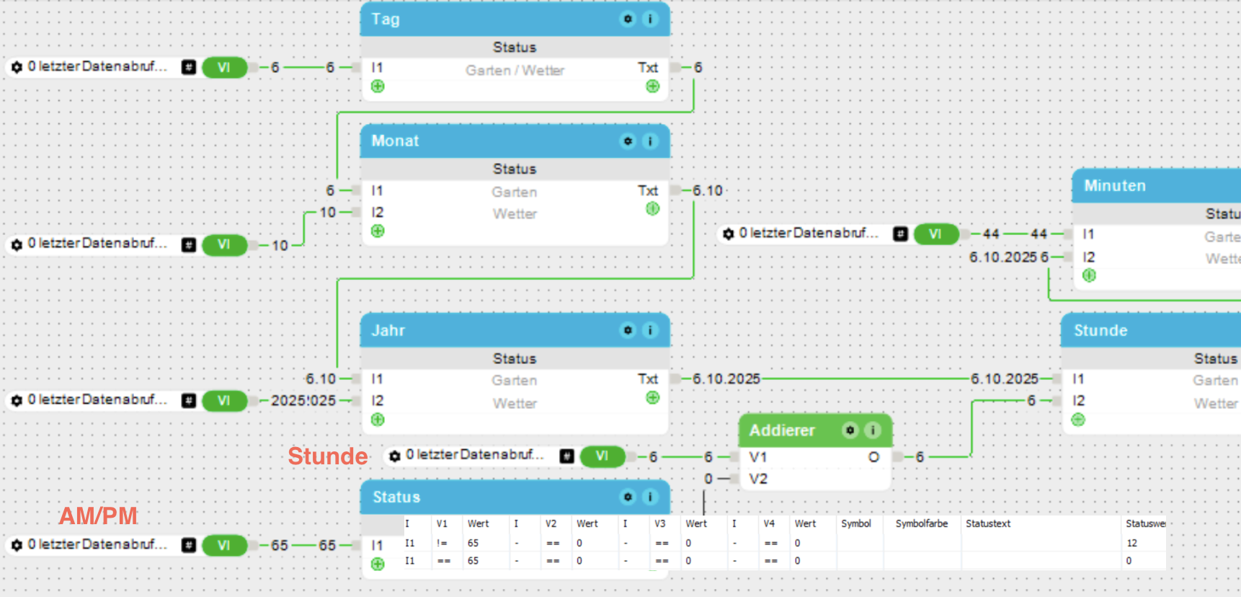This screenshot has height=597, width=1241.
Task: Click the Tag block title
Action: click(x=386, y=19)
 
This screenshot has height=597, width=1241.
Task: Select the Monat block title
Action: click(x=395, y=141)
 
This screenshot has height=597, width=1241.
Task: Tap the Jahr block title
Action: click(x=388, y=331)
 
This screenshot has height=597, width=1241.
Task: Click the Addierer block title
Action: click(x=782, y=430)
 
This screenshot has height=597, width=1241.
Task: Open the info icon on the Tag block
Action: click(x=650, y=19)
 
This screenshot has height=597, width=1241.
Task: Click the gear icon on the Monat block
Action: click(x=628, y=141)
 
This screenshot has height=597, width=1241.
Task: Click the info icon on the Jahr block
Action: click(x=650, y=331)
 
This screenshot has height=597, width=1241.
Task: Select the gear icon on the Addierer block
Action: click(x=850, y=430)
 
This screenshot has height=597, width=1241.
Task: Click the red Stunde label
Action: click(x=328, y=456)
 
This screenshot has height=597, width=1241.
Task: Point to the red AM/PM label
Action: click(x=98, y=516)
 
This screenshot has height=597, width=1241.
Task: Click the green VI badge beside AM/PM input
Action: click(x=224, y=546)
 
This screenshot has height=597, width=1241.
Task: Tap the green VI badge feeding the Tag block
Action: click(x=224, y=68)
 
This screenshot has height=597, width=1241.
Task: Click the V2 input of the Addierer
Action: click(x=757, y=479)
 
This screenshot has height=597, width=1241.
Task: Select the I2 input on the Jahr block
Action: click(x=377, y=401)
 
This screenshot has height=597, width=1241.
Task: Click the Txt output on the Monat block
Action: click(x=647, y=191)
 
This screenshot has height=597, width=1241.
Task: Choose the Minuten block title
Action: click(x=1115, y=186)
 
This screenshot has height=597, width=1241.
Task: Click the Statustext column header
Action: click(x=988, y=524)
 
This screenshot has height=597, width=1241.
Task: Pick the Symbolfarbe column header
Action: click(x=921, y=524)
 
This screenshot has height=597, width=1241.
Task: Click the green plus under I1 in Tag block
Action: click(x=378, y=87)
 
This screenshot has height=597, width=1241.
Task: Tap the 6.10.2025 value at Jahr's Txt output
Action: click(x=726, y=379)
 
